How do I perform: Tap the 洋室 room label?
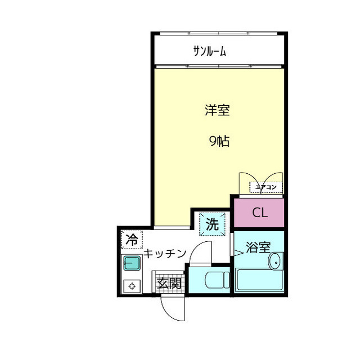tap(217, 110)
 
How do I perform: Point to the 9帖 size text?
tap(219, 142)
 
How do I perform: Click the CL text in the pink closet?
tap(259, 213)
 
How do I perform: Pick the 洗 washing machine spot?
tap(212, 224)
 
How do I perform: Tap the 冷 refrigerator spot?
tap(132, 240)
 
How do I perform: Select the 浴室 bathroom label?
tap(259, 247)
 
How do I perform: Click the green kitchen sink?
tap(132, 263)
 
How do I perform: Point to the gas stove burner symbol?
tap(132, 285)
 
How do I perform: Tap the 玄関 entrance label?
tap(169, 283)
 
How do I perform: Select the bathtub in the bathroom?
tap(259, 280)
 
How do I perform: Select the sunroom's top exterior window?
tap(219, 33)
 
